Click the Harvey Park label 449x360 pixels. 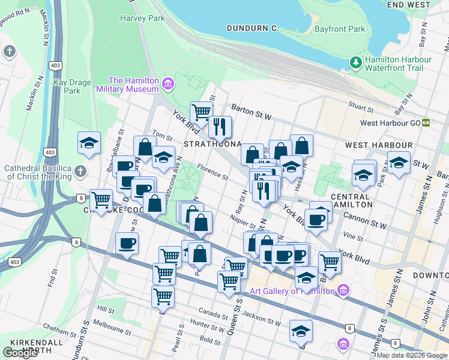pyautogui.click(x=142, y=19)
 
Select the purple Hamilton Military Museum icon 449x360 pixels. pyautogui.click(x=167, y=84)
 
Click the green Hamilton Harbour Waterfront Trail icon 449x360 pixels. pyautogui.click(x=355, y=63)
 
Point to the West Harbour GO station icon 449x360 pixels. pyautogui.click(x=426, y=122)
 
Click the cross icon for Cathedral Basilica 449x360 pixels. pyautogui.click(x=79, y=172)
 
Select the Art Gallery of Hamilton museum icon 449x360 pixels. pyautogui.click(x=342, y=291)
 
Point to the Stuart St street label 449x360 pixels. pyautogui.click(x=361, y=107)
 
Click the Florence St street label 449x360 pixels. pyautogui.click(x=212, y=174)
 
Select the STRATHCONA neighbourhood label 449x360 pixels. pyautogui.click(x=212, y=145)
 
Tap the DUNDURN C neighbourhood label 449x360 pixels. pyautogui.click(x=252, y=28)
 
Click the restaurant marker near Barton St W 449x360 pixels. pyautogui.click(x=220, y=126)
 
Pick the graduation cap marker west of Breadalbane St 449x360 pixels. pyautogui.click(x=89, y=143)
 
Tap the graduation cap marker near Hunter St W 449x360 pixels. pyautogui.click(x=301, y=330)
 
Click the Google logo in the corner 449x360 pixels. pyautogui.click(x=20, y=353)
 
